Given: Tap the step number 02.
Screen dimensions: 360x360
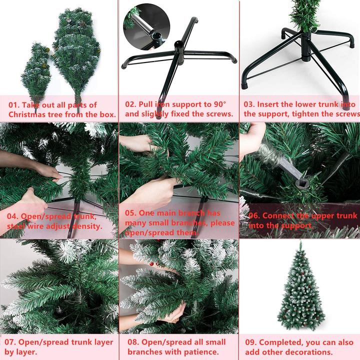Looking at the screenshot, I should pyautogui.click(x=131, y=104).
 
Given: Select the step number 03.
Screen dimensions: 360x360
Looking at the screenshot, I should pyautogui.click(x=249, y=104).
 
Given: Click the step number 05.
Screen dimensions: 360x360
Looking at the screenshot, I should pyautogui.click(x=131, y=213).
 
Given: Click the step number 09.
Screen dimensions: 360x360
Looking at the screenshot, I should pyautogui.click(x=252, y=342).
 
